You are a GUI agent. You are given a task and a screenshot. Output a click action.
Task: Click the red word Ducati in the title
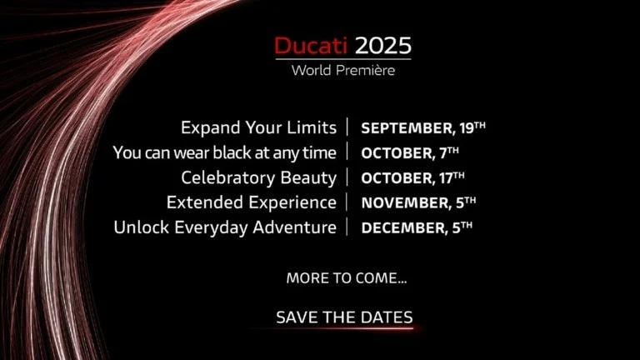(311, 46)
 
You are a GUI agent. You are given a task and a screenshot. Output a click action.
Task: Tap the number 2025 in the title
(382, 46)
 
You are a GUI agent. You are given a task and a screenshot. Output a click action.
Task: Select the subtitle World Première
(343, 70)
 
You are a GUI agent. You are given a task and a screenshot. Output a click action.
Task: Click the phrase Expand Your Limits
(259, 127)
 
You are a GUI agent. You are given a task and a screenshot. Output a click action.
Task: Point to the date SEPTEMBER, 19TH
(423, 128)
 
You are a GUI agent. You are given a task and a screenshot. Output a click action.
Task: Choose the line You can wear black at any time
(225, 153)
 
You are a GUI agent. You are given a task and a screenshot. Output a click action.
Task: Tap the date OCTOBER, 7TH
(410, 153)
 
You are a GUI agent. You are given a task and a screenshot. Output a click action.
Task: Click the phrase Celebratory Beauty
(259, 178)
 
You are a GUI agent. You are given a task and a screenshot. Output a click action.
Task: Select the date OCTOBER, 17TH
(412, 178)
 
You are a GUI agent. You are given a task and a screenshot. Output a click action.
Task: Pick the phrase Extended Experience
(252, 202)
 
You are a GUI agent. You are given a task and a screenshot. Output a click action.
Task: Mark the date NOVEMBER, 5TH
(418, 202)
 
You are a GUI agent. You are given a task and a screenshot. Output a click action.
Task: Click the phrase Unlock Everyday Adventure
(225, 227)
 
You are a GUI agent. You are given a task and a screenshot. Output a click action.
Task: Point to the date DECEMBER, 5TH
(417, 227)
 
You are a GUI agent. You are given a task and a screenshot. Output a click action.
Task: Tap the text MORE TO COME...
(347, 278)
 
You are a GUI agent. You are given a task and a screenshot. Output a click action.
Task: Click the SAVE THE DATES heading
(344, 317)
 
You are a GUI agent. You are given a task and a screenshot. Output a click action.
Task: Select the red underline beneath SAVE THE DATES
(335, 327)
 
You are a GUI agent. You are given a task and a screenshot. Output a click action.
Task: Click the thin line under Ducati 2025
(343, 59)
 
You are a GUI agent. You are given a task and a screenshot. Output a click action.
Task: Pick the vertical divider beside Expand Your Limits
(347, 127)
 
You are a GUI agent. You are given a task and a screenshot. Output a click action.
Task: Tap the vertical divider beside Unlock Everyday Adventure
(347, 227)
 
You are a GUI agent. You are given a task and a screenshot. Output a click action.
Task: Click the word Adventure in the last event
(295, 227)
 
